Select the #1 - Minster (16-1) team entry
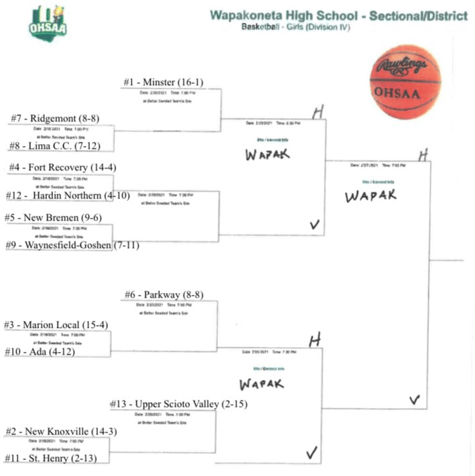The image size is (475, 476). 163,82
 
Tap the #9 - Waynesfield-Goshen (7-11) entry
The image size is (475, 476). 74,245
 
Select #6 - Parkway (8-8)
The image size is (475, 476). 164,294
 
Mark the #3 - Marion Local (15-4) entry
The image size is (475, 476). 59,325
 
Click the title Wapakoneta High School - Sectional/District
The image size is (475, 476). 338,15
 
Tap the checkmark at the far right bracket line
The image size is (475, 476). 415,400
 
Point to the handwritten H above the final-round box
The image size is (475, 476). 423,155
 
